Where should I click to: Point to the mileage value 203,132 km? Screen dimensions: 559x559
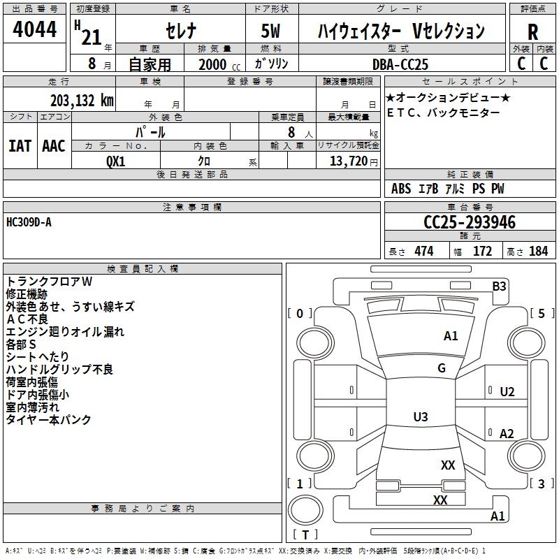click(x=82, y=101)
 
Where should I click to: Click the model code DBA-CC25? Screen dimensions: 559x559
click(x=400, y=64)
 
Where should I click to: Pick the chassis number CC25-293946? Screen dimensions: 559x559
click(x=470, y=222)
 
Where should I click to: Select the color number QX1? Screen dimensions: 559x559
click(x=116, y=160)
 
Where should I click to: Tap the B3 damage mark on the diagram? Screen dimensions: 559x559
click(x=499, y=286)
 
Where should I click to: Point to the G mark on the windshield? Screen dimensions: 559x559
click(x=442, y=368)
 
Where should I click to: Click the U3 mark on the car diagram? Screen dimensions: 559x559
click(x=420, y=417)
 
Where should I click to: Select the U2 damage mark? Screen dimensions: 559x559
click(x=507, y=392)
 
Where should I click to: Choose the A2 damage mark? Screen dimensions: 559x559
click(x=507, y=434)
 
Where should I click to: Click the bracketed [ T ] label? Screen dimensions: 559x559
click(x=305, y=535)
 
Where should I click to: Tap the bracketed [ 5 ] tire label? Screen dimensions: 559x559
click(x=542, y=313)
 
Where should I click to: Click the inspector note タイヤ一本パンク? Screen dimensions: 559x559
click(x=49, y=420)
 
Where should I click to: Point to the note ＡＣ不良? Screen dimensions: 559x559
click(x=27, y=319)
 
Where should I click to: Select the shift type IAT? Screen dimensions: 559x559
click(x=20, y=145)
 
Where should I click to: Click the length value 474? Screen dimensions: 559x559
click(x=423, y=251)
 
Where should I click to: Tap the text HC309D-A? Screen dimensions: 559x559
click(x=29, y=222)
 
